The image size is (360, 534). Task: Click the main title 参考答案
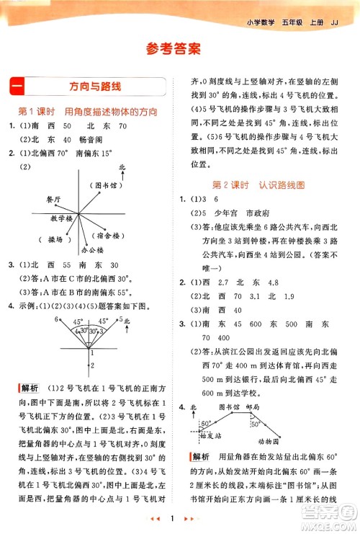coord(180,49)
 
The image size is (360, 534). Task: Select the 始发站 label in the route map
coord(210,436)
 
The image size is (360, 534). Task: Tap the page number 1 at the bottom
coord(180,519)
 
